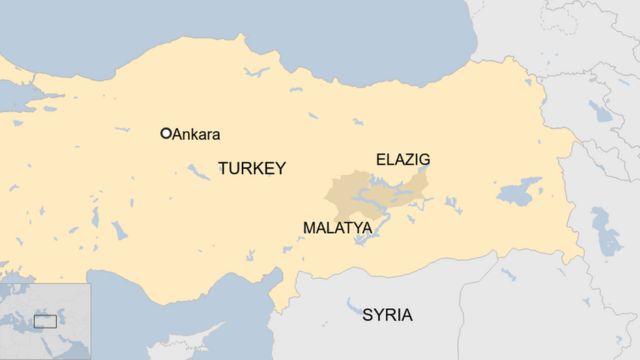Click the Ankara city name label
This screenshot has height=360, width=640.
pyautogui.click(x=197, y=134)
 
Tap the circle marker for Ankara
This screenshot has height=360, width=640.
pyautogui.click(x=166, y=133)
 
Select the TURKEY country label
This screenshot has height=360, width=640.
pyautogui.click(x=251, y=168)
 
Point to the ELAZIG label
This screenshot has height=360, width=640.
pyautogui.click(x=403, y=159)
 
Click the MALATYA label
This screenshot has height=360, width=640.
pyautogui.click(x=337, y=228)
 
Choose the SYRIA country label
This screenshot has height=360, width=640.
pyautogui.click(x=387, y=315)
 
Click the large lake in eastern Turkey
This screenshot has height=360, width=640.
pyautogui.click(x=519, y=190)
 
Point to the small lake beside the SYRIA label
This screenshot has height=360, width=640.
pyautogui.click(x=353, y=306)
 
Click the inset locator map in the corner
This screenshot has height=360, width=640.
pyautogui.click(x=45, y=321)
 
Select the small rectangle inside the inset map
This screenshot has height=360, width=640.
pyautogui.click(x=45, y=321)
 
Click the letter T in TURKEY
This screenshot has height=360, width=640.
pyautogui.click(x=222, y=168)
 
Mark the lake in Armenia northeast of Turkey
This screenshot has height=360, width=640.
pyautogui.click(x=601, y=110)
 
